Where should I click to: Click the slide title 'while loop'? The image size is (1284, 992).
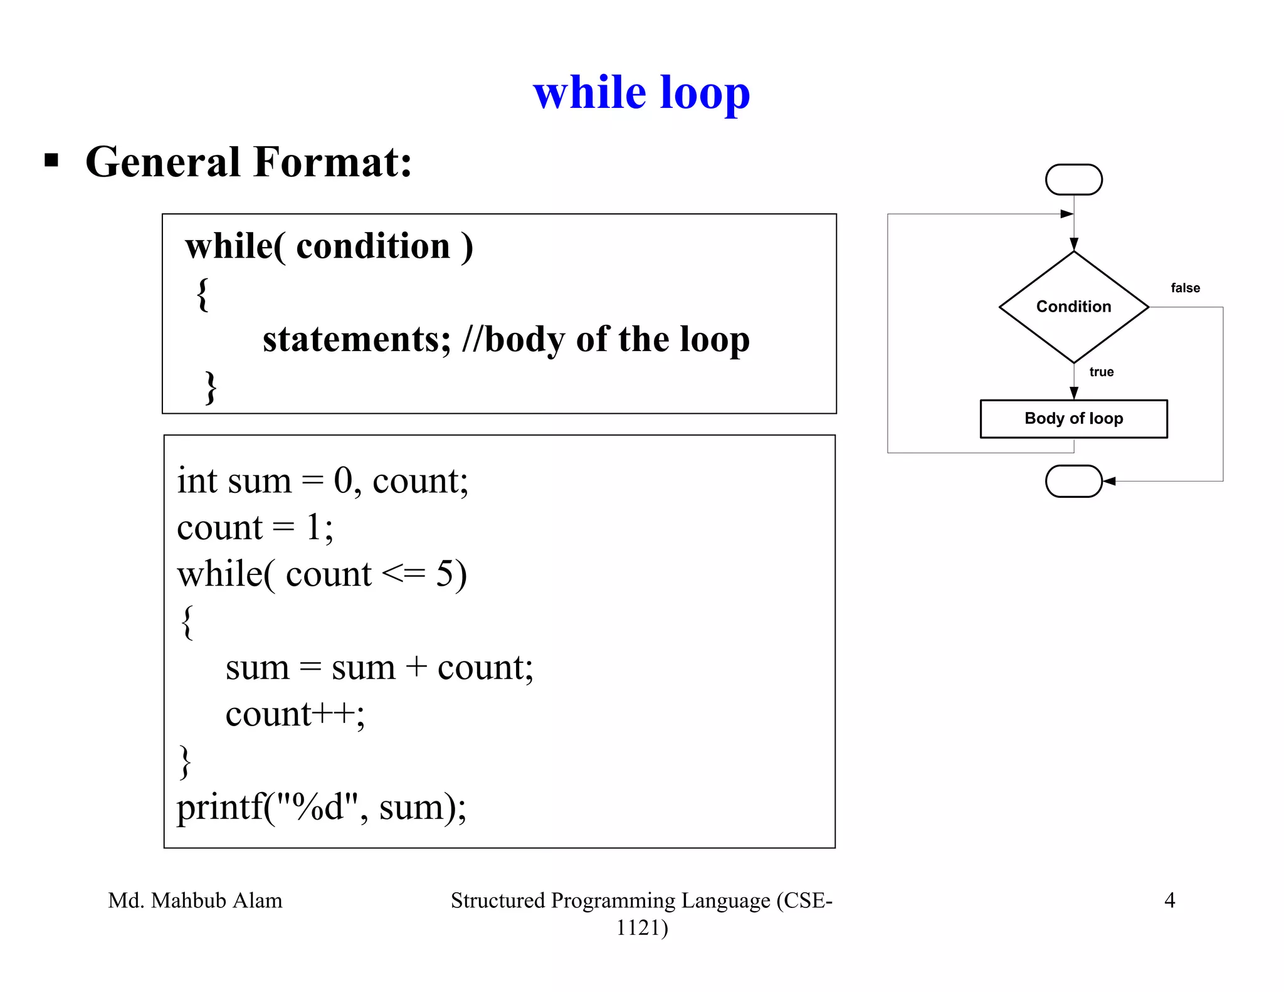(641, 93)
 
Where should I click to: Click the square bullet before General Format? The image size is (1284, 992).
(51, 161)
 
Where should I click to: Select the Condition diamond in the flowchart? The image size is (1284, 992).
(1073, 307)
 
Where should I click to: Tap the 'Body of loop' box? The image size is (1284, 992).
(1073, 418)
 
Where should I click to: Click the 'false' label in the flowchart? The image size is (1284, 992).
(1185, 288)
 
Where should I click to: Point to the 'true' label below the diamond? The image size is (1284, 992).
(1101, 372)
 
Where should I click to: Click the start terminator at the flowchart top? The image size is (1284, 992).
(1073, 180)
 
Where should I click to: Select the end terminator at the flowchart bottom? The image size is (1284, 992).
(1073, 481)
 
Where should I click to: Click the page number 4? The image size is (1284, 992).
(1169, 900)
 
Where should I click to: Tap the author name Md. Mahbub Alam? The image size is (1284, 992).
(195, 900)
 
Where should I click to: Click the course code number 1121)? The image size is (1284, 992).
(642, 927)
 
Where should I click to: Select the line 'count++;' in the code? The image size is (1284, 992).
(295, 714)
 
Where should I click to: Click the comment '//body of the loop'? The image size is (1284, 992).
(606, 339)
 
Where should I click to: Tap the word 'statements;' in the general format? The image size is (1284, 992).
(356, 339)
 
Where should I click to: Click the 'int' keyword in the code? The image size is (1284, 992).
(197, 481)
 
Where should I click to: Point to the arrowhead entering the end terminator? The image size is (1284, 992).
(1109, 481)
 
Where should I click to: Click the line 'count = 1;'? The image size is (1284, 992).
(255, 527)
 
